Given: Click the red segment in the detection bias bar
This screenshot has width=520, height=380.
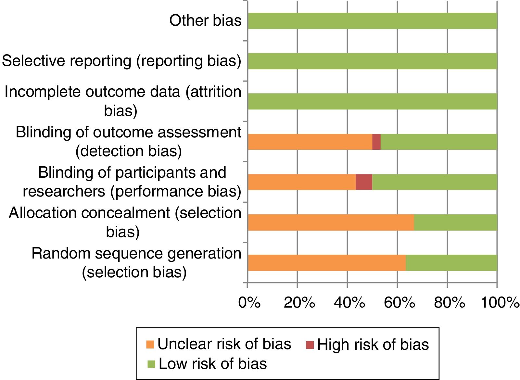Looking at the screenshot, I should (x=376, y=142).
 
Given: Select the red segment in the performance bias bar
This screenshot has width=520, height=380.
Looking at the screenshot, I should (x=364, y=182).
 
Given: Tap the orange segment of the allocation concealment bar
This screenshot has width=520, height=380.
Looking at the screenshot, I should (x=331, y=222).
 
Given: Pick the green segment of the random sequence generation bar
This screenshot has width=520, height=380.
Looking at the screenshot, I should (x=451, y=263).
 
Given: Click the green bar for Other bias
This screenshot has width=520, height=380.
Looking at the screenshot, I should (x=372, y=21).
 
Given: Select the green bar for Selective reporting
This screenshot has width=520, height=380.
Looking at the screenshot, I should (x=372, y=61).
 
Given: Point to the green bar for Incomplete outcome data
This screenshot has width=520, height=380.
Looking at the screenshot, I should (x=372, y=101).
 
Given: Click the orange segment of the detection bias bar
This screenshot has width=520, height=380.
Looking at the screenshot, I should (x=310, y=142).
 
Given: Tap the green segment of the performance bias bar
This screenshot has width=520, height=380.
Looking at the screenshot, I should (x=435, y=182).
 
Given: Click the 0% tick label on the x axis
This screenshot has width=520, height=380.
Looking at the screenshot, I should (x=249, y=303).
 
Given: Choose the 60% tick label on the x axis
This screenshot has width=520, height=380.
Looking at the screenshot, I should (x=399, y=303).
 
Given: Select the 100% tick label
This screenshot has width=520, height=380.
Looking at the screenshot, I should (x=500, y=303).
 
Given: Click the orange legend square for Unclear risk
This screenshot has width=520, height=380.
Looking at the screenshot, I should (x=150, y=345).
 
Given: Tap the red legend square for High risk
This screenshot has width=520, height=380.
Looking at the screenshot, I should (x=309, y=345).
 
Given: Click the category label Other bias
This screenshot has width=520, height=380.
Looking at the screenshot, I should (x=205, y=21).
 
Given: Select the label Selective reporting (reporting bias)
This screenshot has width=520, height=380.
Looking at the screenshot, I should (x=121, y=61).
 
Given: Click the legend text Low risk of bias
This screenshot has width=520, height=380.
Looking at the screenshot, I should (x=213, y=364).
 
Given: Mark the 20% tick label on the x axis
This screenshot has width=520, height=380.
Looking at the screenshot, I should (x=299, y=303).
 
